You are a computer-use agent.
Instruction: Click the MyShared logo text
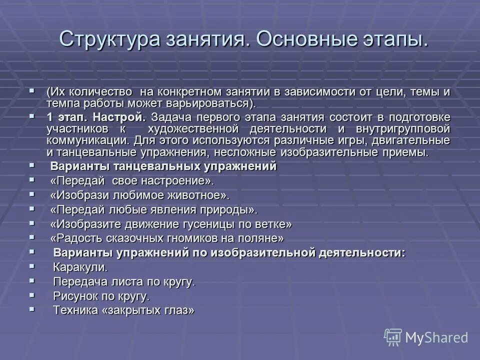coord(436,337)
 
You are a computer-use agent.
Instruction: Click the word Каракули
coord(80,267)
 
